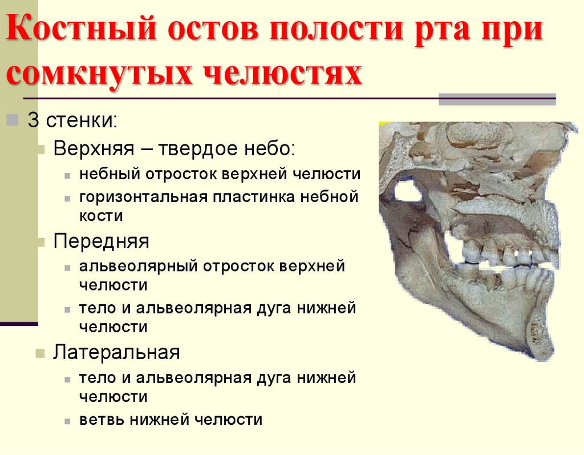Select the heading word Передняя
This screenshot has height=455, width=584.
point(101,241)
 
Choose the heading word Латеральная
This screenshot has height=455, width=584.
point(116,352)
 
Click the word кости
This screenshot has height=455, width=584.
point(101,216)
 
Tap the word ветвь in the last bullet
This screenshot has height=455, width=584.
point(102,420)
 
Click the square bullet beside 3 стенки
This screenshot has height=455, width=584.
point(13,120)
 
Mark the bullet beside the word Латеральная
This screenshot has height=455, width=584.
point(40,353)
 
